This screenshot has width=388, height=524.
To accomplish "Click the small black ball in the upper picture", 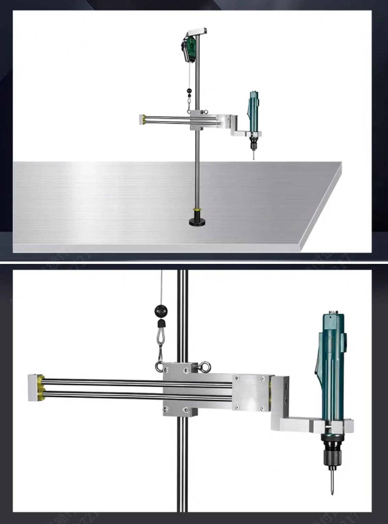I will (x=189, y=91).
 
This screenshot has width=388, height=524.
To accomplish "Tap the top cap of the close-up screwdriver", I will (x=331, y=312).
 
